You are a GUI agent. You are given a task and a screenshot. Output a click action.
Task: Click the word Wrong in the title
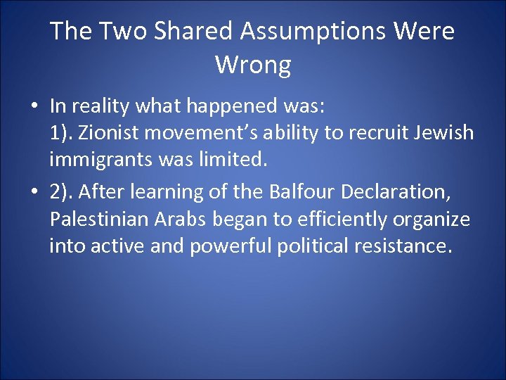point(253,65)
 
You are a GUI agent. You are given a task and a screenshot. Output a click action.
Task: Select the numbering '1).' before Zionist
point(63,134)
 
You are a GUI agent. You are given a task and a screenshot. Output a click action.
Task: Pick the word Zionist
point(112,134)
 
